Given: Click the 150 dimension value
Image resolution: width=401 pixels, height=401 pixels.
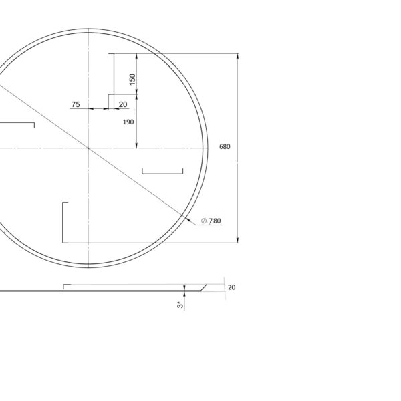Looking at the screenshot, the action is (x=132, y=80).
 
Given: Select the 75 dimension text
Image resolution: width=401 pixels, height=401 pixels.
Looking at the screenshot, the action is (x=76, y=104).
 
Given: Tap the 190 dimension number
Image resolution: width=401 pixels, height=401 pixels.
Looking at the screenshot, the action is (x=128, y=122).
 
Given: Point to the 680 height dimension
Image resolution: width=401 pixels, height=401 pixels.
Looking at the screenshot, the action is (x=225, y=146).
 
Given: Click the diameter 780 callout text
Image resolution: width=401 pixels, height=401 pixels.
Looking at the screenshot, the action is (x=211, y=221).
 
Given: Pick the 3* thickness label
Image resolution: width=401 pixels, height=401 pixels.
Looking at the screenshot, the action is (x=180, y=305).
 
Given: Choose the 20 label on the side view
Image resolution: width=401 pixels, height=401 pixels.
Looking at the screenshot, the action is (x=231, y=287).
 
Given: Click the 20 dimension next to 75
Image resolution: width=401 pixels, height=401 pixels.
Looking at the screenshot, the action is (x=123, y=104).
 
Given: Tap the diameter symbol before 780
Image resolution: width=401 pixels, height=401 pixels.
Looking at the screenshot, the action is (x=204, y=221).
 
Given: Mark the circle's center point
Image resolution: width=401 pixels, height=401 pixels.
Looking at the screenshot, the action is (x=88, y=148).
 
